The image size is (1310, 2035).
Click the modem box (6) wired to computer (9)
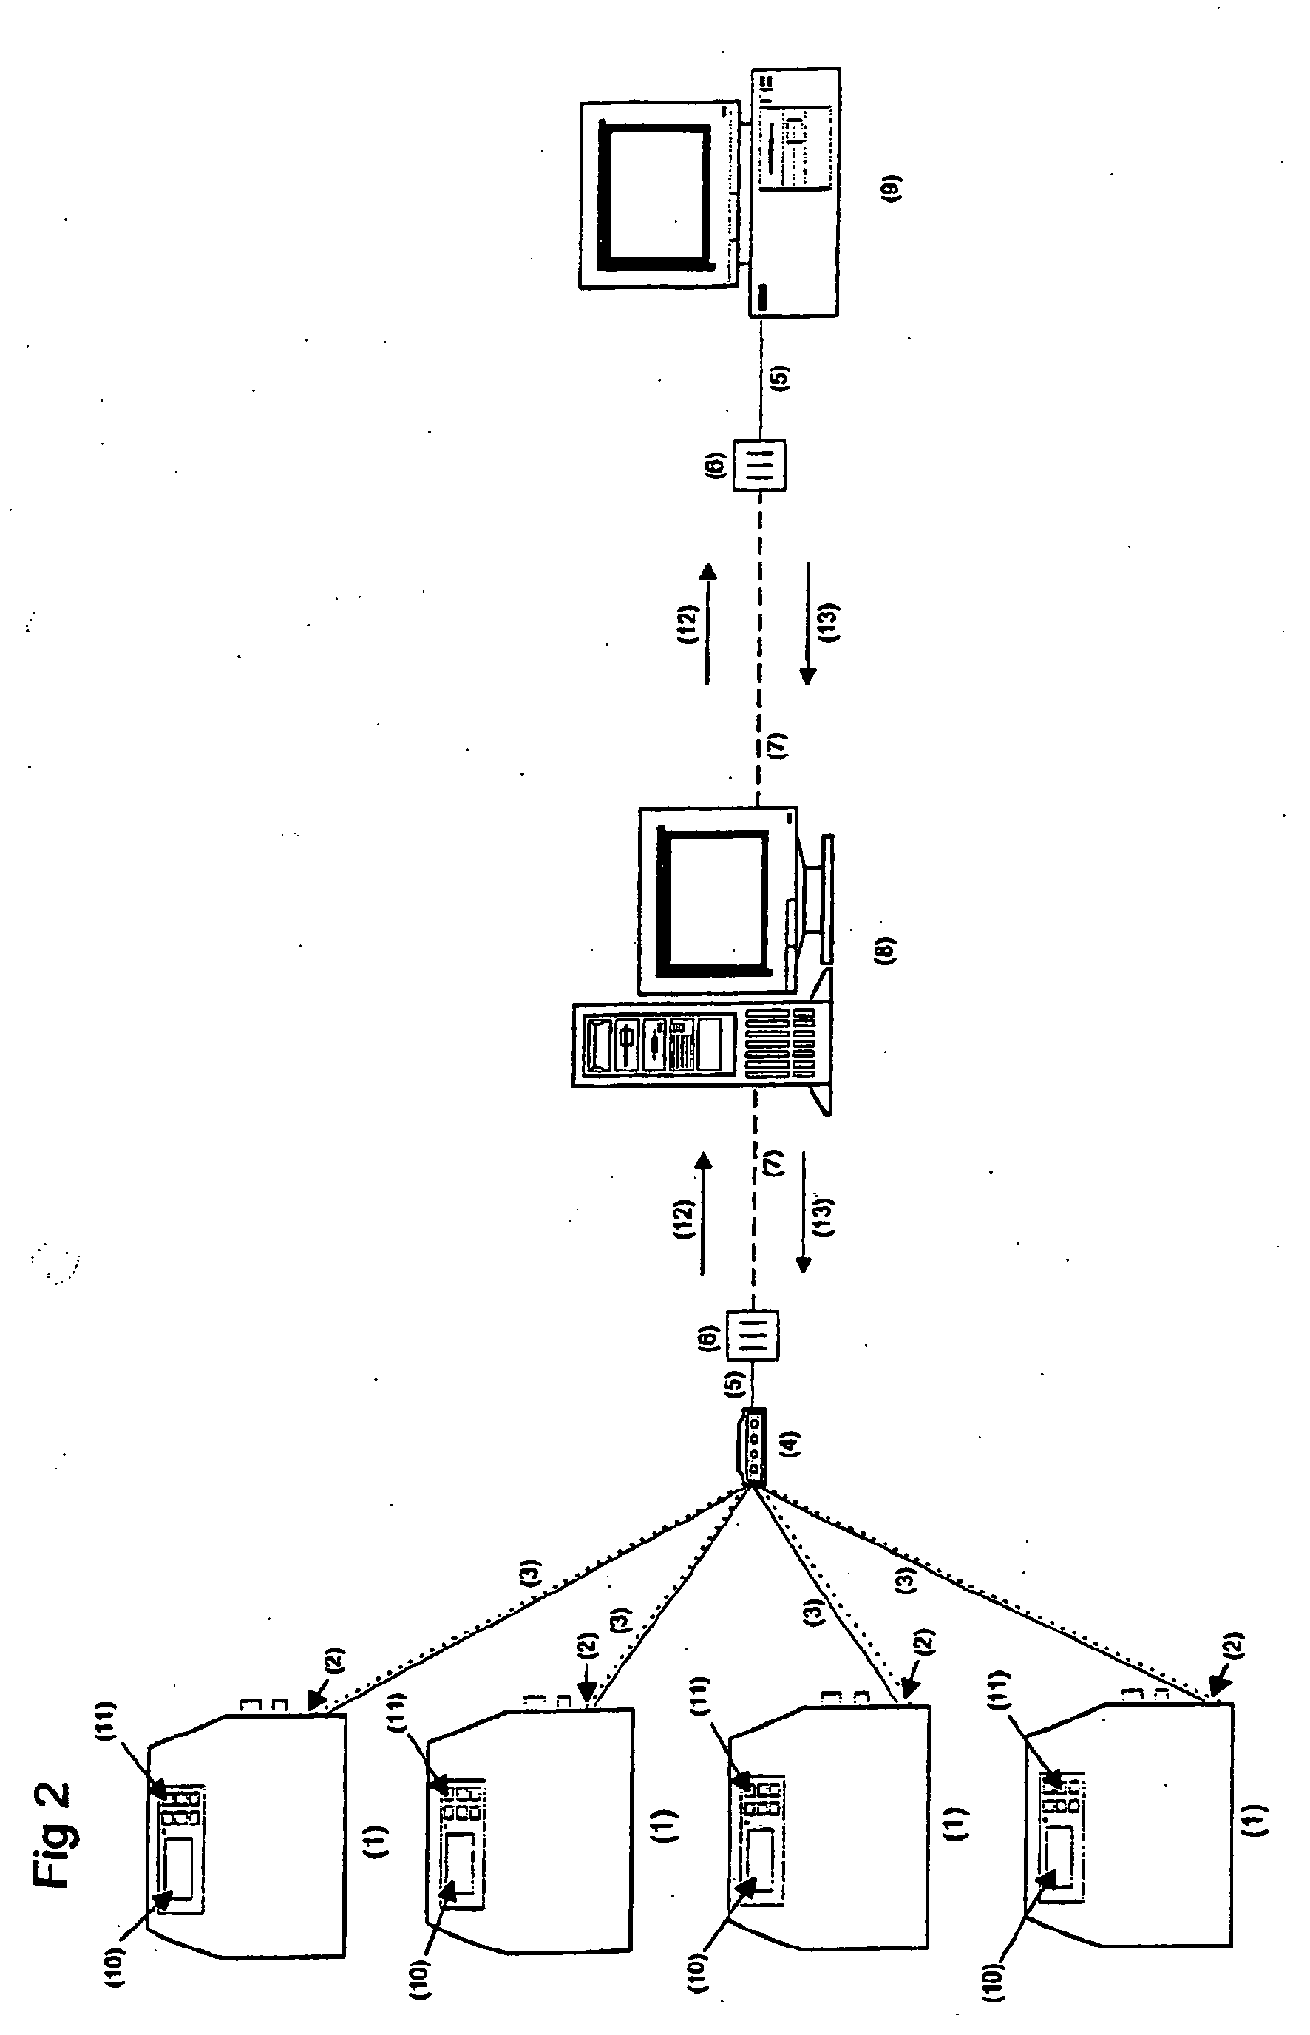click(x=760, y=464)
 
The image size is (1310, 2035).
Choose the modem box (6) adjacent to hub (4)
click(x=753, y=1338)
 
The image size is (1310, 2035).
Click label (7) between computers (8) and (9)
click(x=778, y=746)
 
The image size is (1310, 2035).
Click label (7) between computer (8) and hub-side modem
click(x=775, y=1163)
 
